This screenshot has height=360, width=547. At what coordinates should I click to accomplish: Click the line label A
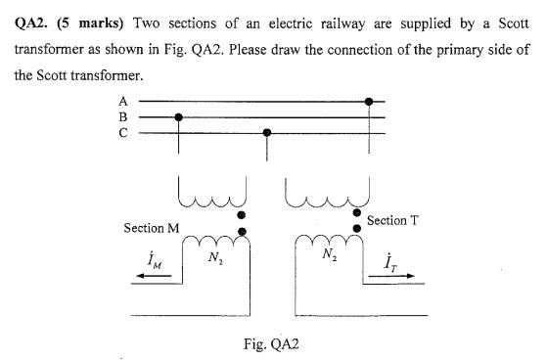point(123,101)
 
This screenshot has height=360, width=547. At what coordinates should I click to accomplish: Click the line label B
point(123,117)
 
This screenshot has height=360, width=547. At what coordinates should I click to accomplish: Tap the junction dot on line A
point(369,101)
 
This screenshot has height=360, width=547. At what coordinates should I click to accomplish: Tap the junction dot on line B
point(178,117)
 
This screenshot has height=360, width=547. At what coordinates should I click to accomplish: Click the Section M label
point(151,228)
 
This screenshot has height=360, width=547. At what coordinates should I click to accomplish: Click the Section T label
point(393,220)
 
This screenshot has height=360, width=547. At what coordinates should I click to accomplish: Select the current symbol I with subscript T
point(388,261)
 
